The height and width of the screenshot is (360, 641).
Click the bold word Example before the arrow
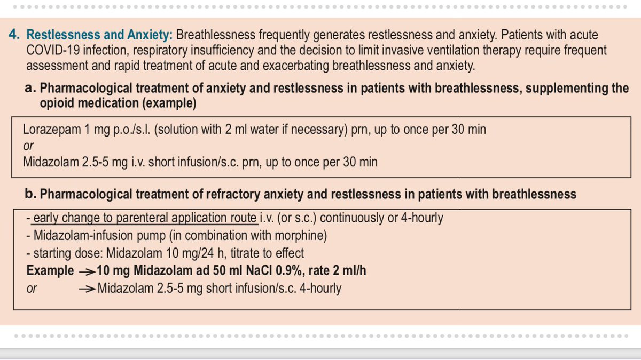click(x=50, y=270)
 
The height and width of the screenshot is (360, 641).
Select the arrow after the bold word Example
click(x=87, y=271)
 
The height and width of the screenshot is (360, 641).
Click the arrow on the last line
click(x=87, y=289)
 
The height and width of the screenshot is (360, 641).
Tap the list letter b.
click(x=30, y=194)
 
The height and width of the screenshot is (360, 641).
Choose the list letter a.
click(x=30, y=88)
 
